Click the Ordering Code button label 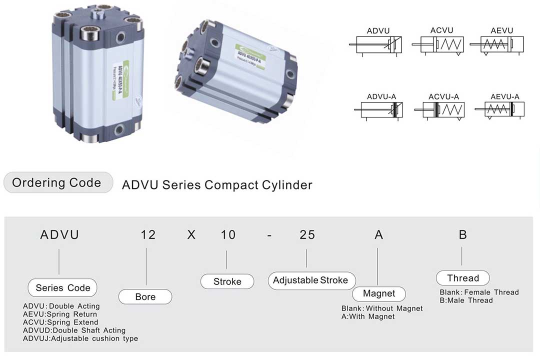pyautogui.click(x=56, y=183)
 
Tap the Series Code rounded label pyautogui.click(x=63, y=288)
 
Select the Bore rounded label pyautogui.click(x=145, y=297)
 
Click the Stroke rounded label pyautogui.click(x=227, y=281)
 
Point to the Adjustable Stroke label pyautogui.click(x=310, y=280)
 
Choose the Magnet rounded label pyautogui.click(x=378, y=294)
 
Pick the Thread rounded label pyautogui.click(x=462, y=278)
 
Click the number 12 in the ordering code pyautogui.click(x=148, y=234)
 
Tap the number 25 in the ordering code pyautogui.click(x=307, y=234)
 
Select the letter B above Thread pyautogui.click(x=462, y=234)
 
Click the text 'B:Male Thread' pyautogui.click(x=466, y=300)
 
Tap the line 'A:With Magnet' pyautogui.click(x=368, y=316)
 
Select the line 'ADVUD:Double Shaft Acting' pyautogui.click(x=74, y=330)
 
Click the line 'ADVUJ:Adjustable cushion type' pyautogui.click(x=80, y=338)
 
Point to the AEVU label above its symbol pyautogui.click(x=501, y=30)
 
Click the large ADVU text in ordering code pyautogui.click(x=59, y=234)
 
